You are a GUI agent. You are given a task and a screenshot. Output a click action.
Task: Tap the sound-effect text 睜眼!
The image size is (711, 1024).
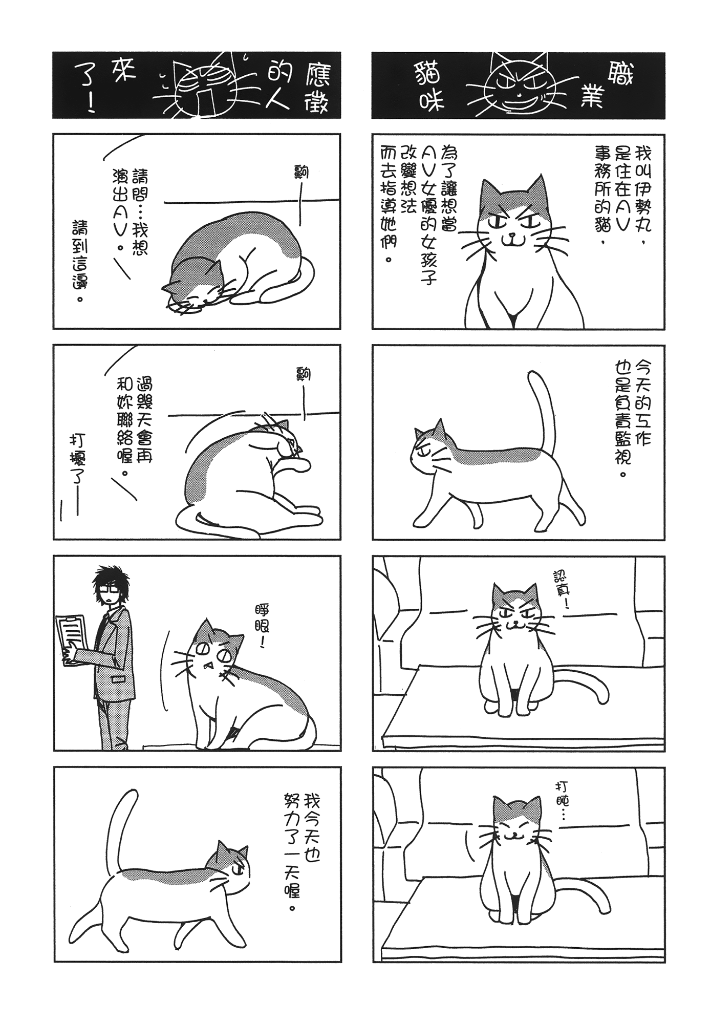pos(264,626)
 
